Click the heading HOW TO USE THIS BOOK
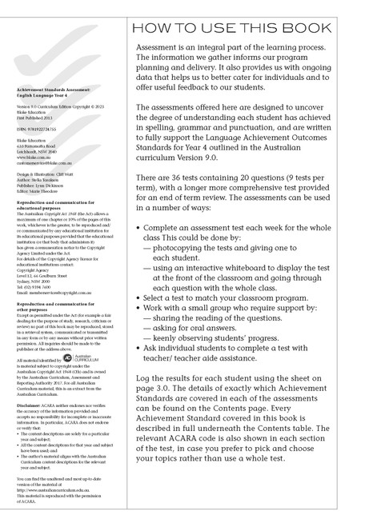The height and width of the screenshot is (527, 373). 245,30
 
